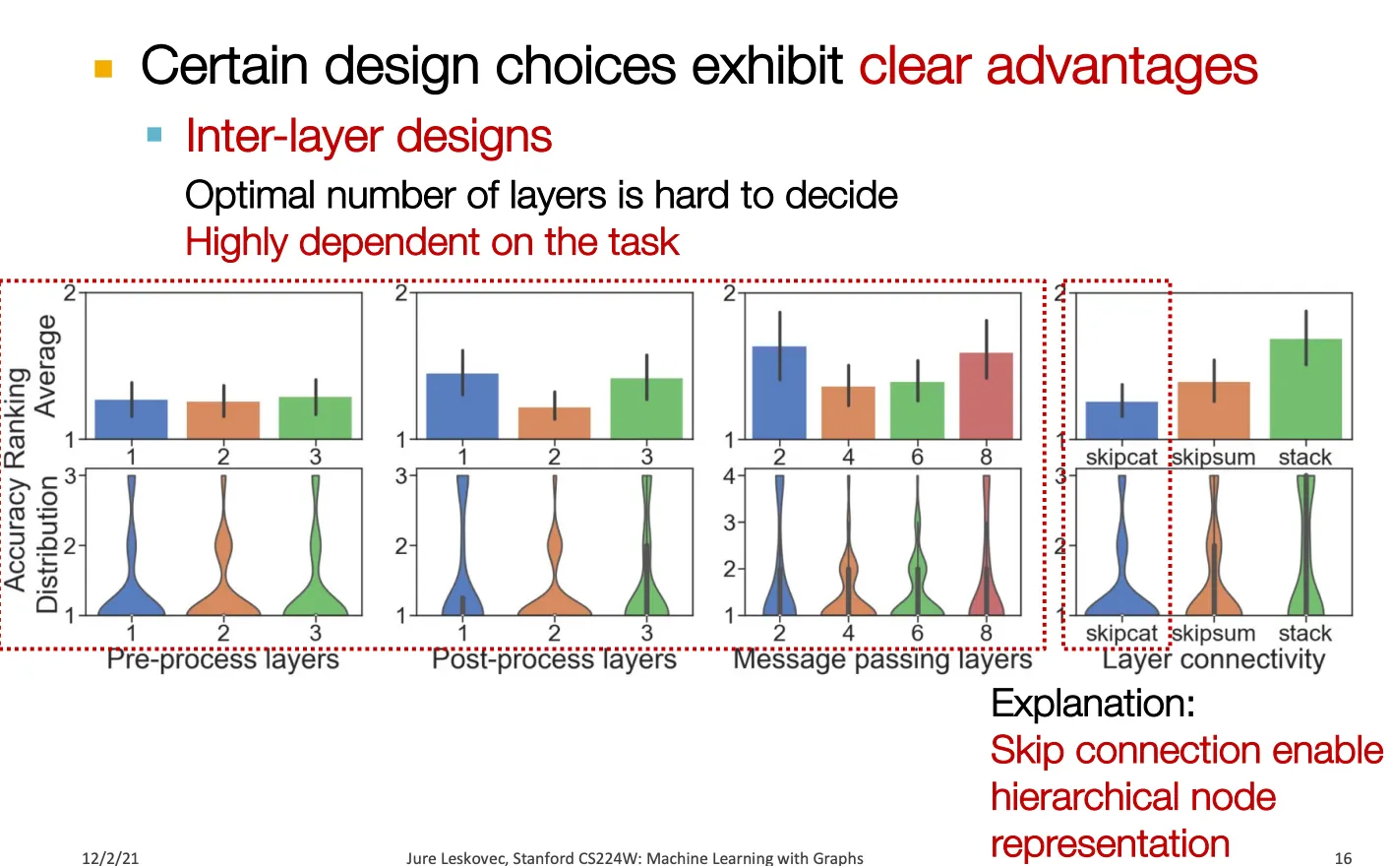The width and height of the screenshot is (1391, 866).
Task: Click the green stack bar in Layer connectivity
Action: click(x=1305, y=389)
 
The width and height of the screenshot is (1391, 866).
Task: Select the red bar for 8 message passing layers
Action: click(x=986, y=396)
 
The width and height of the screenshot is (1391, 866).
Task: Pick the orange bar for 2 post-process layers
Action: click(x=555, y=423)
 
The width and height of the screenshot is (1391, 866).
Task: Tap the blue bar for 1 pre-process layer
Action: click(x=131, y=419)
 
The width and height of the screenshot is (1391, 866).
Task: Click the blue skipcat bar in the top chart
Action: click(x=1121, y=420)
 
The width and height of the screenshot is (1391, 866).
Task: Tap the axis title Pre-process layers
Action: click(x=223, y=659)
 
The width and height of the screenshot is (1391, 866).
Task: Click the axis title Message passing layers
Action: click(x=882, y=659)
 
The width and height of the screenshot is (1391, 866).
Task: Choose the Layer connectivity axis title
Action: click(x=1213, y=659)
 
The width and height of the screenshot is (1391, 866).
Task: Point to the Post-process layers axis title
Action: click(x=554, y=659)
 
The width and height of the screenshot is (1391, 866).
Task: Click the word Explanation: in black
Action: click(x=1093, y=704)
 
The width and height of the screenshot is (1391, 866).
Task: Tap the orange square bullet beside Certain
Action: click(x=103, y=68)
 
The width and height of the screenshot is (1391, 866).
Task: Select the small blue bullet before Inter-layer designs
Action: click(x=154, y=134)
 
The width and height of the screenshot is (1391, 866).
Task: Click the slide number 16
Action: click(x=1343, y=858)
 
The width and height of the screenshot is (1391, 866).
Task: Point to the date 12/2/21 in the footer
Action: click(x=110, y=858)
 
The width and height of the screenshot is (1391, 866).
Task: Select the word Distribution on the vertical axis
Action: click(x=47, y=544)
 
